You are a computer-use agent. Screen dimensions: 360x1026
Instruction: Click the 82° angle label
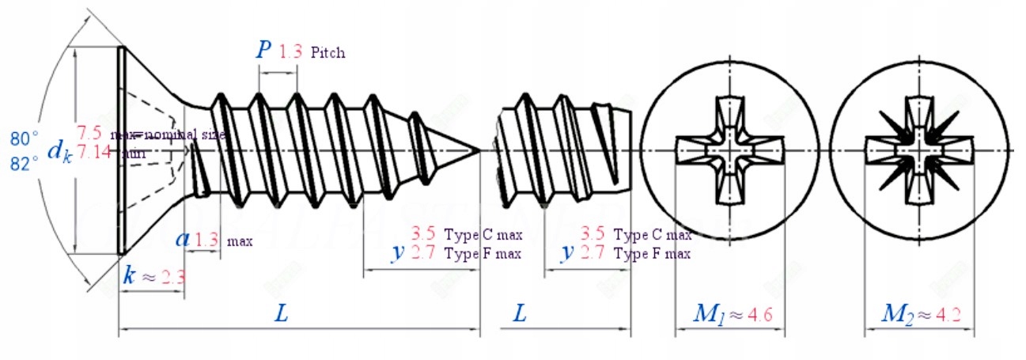tap(24, 162)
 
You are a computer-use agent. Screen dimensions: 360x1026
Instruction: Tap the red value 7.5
tap(88, 132)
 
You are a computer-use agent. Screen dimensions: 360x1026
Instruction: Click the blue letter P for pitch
tap(263, 51)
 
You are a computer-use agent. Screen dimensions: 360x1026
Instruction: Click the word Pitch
tap(327, 53)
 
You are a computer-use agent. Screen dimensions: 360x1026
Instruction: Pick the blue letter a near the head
tap(182, 238)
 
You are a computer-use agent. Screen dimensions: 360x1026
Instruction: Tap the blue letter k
tap(130, 275)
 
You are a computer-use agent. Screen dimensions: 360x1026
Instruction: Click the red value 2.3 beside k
tap(173, 277)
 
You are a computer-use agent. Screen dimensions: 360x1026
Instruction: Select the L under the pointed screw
tap(281, 314)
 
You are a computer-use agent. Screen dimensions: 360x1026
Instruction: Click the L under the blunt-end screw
tap(520, 314)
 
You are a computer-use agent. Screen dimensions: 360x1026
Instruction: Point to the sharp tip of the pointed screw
tap(479, 150)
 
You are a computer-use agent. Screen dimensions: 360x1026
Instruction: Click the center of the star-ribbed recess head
tap(918, 150)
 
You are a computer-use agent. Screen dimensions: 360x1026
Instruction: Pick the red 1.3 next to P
tap(290, 52)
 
